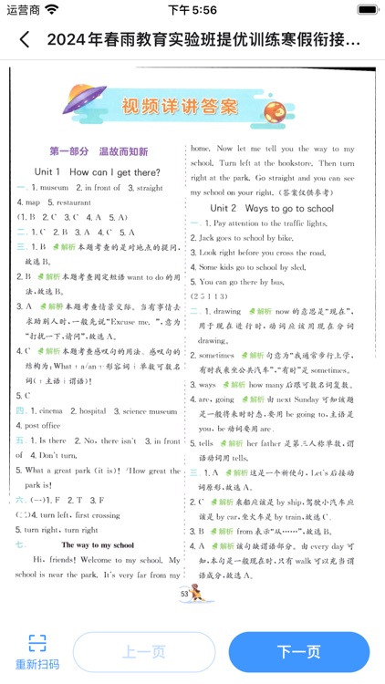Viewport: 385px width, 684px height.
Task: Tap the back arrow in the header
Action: (x=25, y=40)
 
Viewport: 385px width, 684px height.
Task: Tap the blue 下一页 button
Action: (x=298, y=652)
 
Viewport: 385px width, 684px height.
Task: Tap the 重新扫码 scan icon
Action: (x=36, y=643)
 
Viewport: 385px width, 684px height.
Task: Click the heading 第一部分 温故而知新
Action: (x=99, y=151)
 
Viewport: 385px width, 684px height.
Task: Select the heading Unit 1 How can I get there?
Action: (x=97, y=171)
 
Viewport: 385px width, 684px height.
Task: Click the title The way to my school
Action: (x=99, y=544)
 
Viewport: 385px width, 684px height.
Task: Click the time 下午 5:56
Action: (x=192, y=10)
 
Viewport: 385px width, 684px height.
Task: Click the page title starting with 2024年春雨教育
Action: (x=202, y=40)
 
